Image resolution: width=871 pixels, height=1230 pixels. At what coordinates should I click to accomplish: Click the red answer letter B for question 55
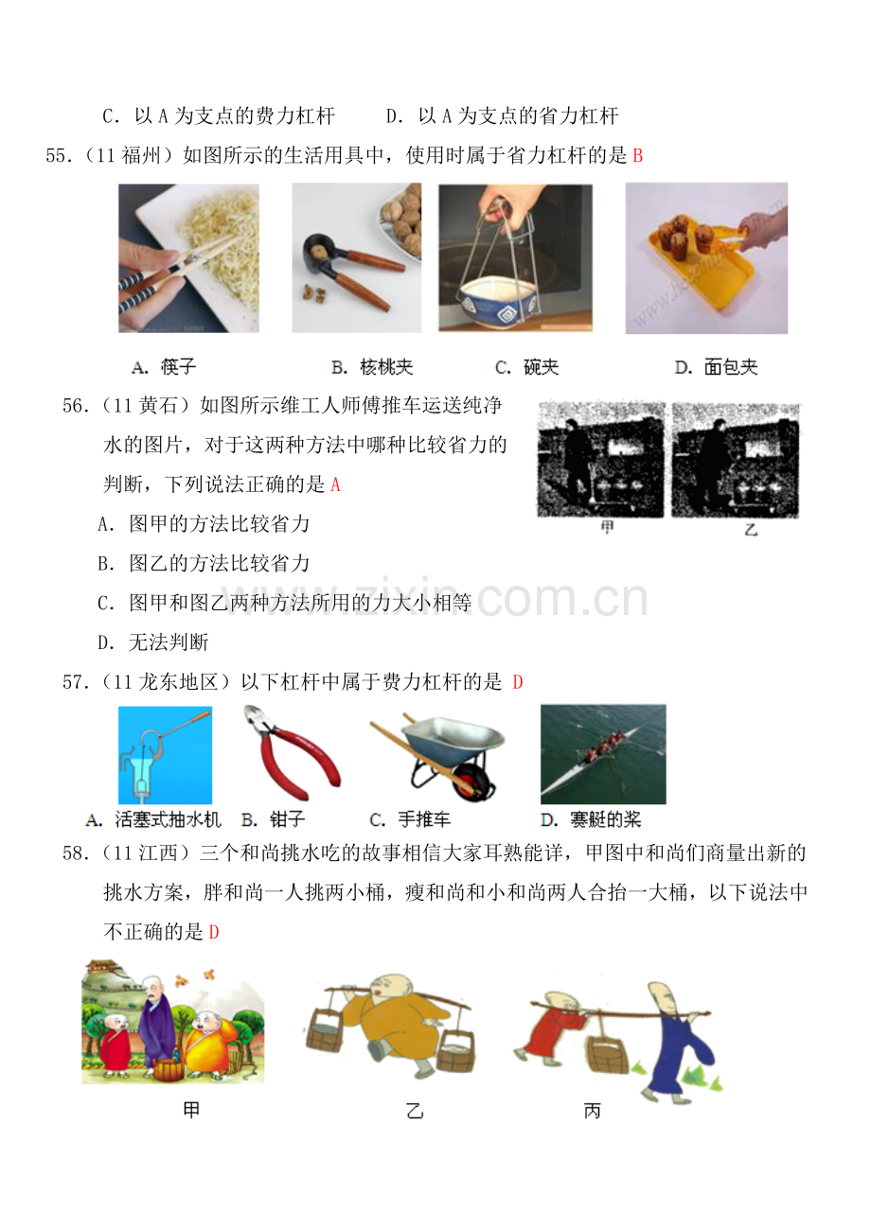pyautogui.click(x=637, y=156)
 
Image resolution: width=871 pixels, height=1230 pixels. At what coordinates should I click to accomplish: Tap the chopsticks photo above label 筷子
pyautogui.click(x=188, y=258)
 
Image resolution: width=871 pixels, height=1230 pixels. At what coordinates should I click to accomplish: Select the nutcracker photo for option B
pyautogui.click(x=357, y=258)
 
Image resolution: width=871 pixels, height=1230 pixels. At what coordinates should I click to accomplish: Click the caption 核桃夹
pyautogui.click(x=386, y=367)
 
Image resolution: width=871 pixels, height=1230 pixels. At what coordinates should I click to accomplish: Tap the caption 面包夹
pyautogui.click(x=731, y=367)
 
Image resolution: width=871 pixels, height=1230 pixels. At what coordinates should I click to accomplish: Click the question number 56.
pyautogui.click(x=76, y=405)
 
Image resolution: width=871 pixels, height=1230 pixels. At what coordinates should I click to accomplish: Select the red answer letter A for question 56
pyautogui.click(x=335, y=484)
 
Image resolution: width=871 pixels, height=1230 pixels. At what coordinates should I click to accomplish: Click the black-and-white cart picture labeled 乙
pyautogui.click(x=736, y=460)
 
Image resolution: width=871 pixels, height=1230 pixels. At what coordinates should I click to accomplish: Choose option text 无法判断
pyautogui.click(x=169, y=641)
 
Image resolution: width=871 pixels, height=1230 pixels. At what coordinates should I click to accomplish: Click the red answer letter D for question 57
pyautogui.click(x=517, y=682)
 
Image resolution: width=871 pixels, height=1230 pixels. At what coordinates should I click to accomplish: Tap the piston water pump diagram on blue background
pyautogui.click(x=165, y=755)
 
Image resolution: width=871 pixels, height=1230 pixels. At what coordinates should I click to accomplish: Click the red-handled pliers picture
pyautogui.click(x=292, y=752)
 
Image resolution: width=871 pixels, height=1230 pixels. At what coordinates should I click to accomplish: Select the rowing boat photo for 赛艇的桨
pyautogui.click(x=603, y=754)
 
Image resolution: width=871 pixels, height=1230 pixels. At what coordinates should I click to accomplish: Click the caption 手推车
pyautogui.click(x=424, y=819)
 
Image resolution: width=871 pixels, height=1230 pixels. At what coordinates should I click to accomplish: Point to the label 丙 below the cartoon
pyautogui.click(x=593, y=1111)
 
